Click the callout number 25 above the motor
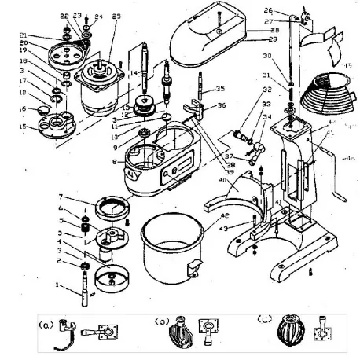click(x=117, y=17)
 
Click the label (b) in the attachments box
click(x=161, y=322)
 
